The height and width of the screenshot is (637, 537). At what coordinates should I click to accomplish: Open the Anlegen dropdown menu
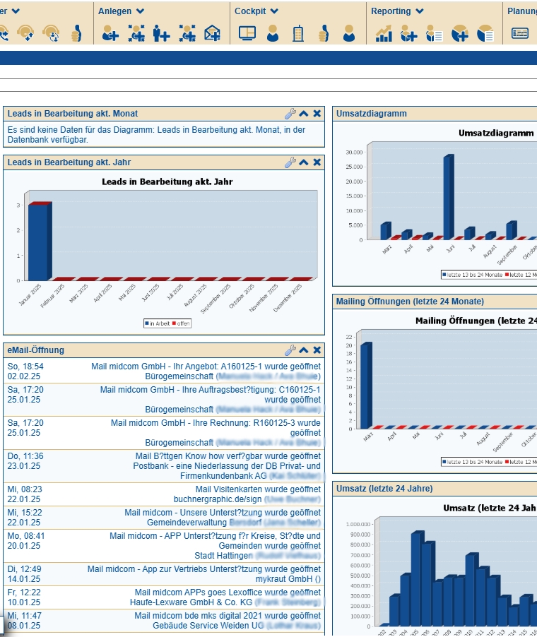pyautogui.click(x=121, y=11)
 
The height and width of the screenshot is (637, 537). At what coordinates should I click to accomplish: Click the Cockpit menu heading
pyautogui.click(x=256, y=11)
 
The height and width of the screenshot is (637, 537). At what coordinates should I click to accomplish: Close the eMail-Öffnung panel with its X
pyautogui.click(x=317, y=350)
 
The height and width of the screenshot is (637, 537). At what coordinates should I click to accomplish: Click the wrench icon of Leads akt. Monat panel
pyautogui.click(x=290, y=114)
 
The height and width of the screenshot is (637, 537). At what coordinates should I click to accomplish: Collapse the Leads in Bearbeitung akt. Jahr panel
pyautogui.click(x=303, y=162)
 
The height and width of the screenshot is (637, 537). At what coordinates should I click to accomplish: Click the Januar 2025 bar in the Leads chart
pyautogui.click(x=38, y=242)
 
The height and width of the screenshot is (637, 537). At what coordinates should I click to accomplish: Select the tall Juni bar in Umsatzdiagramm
pyautogui.click(x=448, y=198)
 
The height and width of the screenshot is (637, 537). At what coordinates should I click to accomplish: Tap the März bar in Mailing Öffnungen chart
pyautogui.click(x=365, y=385)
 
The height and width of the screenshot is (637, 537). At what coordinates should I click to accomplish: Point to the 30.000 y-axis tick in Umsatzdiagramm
pyautogui.click(x=354, y=152)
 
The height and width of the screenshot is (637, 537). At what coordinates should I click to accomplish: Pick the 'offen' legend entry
pyautogui.click(x=182, y=323)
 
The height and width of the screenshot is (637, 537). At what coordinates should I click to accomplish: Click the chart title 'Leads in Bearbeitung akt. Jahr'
pyautogui.click(x=167, y=181)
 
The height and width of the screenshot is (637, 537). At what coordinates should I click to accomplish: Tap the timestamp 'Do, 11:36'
pyautogui.click(x=25, y=456)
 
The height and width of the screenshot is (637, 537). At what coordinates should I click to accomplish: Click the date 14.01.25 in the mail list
pyautogui.click(x=24, y=578)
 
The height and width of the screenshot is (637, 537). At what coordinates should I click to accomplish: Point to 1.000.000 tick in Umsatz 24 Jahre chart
pyautogui.click(x=358, y=525)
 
